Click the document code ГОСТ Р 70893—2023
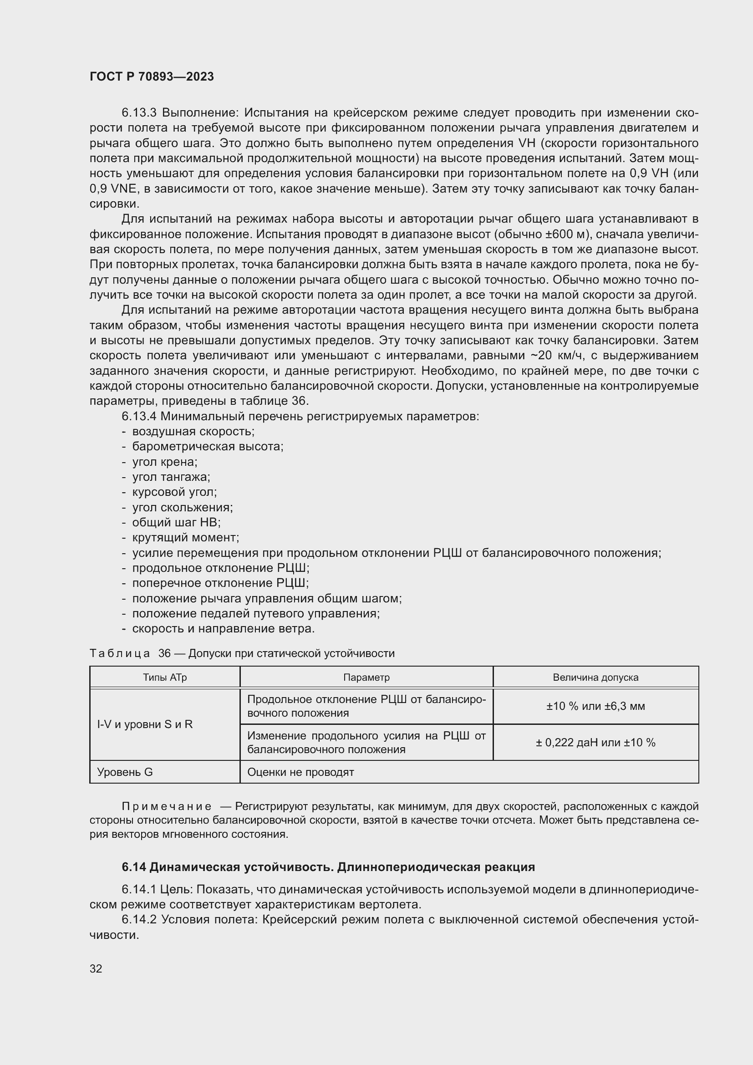[x=152, y=76]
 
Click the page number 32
[x=96, y=968]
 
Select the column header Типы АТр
[x=165, y=677]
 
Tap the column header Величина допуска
[x=595, y=677]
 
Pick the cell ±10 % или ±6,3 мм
[x=595, y=706]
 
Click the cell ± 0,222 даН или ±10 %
[x=595, y=742]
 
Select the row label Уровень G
[x=125, y=772]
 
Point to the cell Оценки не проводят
[x=300, y=772]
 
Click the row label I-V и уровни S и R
[x=145, y=724]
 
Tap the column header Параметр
[x=366, y=677]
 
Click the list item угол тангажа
[x=171, y=477]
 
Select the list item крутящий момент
[x=185, y=538]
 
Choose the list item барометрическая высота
[x=208, y=447]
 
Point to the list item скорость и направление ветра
[x=224, y=628]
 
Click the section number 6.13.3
[x=140, y=113]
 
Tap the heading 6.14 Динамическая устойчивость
[x=328, y=866]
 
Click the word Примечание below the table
[x=167, y=806]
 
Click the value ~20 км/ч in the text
[x=560, y=356]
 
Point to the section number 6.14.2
[x=139, y=919]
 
